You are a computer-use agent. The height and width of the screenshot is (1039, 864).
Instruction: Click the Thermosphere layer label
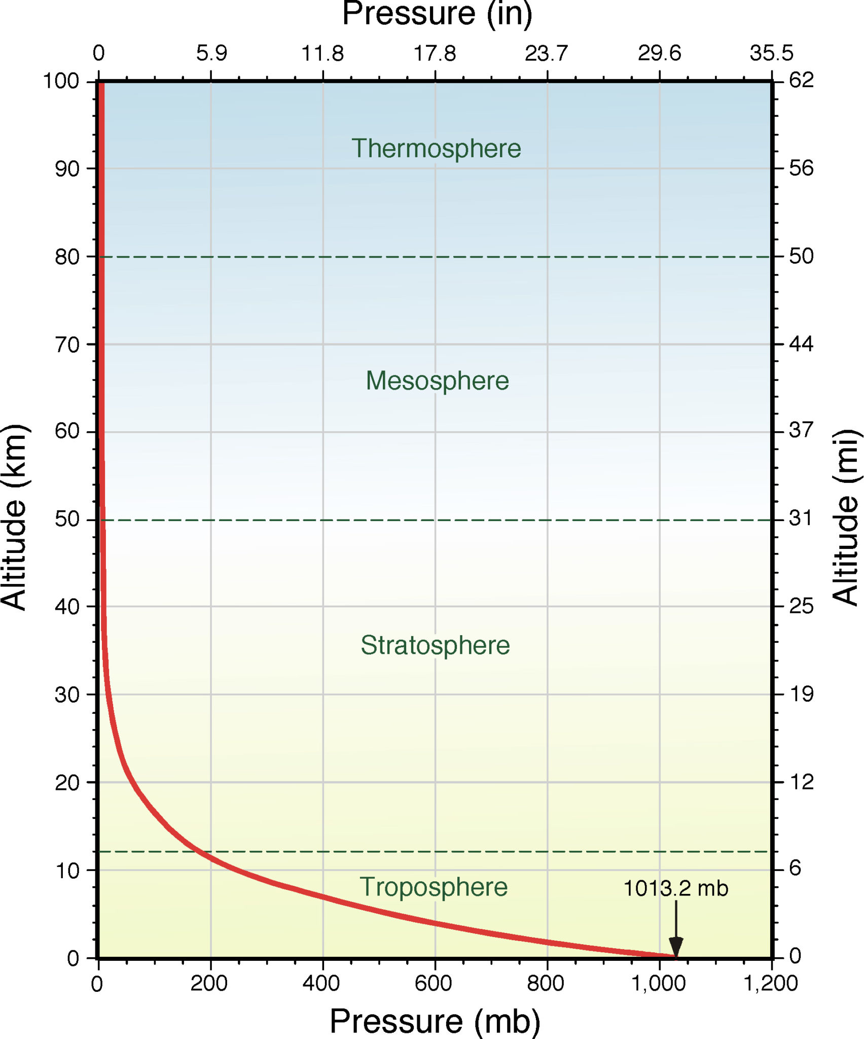tap(436, 149)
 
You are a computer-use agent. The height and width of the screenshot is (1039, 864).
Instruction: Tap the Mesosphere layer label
tap(437, 380)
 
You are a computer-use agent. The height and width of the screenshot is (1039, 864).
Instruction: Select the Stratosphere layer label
tap(435, 645)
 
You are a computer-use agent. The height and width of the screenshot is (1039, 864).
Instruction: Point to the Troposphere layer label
tap(434, 887)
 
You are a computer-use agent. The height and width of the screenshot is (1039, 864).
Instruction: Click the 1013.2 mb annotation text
tap(675, 888)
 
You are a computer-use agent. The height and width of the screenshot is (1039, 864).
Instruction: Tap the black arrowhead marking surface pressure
tap(676, 947)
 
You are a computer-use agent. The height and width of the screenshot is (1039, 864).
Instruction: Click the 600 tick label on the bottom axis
tap(433, 984)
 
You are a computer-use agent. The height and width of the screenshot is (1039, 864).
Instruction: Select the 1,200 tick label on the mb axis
tap(770, 984)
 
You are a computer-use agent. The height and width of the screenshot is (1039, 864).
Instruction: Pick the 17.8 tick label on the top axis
tap(435, 53)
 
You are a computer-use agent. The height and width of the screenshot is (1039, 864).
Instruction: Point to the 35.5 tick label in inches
tap(771, 53)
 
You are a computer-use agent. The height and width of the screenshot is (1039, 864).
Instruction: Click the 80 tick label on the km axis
tap(67, 257)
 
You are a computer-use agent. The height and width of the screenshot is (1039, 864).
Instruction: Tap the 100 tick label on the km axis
tap(61, 81)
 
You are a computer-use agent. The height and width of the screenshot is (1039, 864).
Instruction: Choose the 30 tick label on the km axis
tap(67, 695)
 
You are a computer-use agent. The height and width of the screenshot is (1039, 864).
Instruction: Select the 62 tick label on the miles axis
tap(801, 80)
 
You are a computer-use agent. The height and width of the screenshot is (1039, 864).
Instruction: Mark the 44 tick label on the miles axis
tap(801, 344)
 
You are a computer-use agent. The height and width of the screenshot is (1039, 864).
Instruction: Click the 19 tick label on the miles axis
tap(801, 694)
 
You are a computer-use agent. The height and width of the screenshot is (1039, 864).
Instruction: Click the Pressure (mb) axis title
tap(435, 1021)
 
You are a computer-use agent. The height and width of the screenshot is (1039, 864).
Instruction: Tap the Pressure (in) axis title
tap(437, 14)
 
